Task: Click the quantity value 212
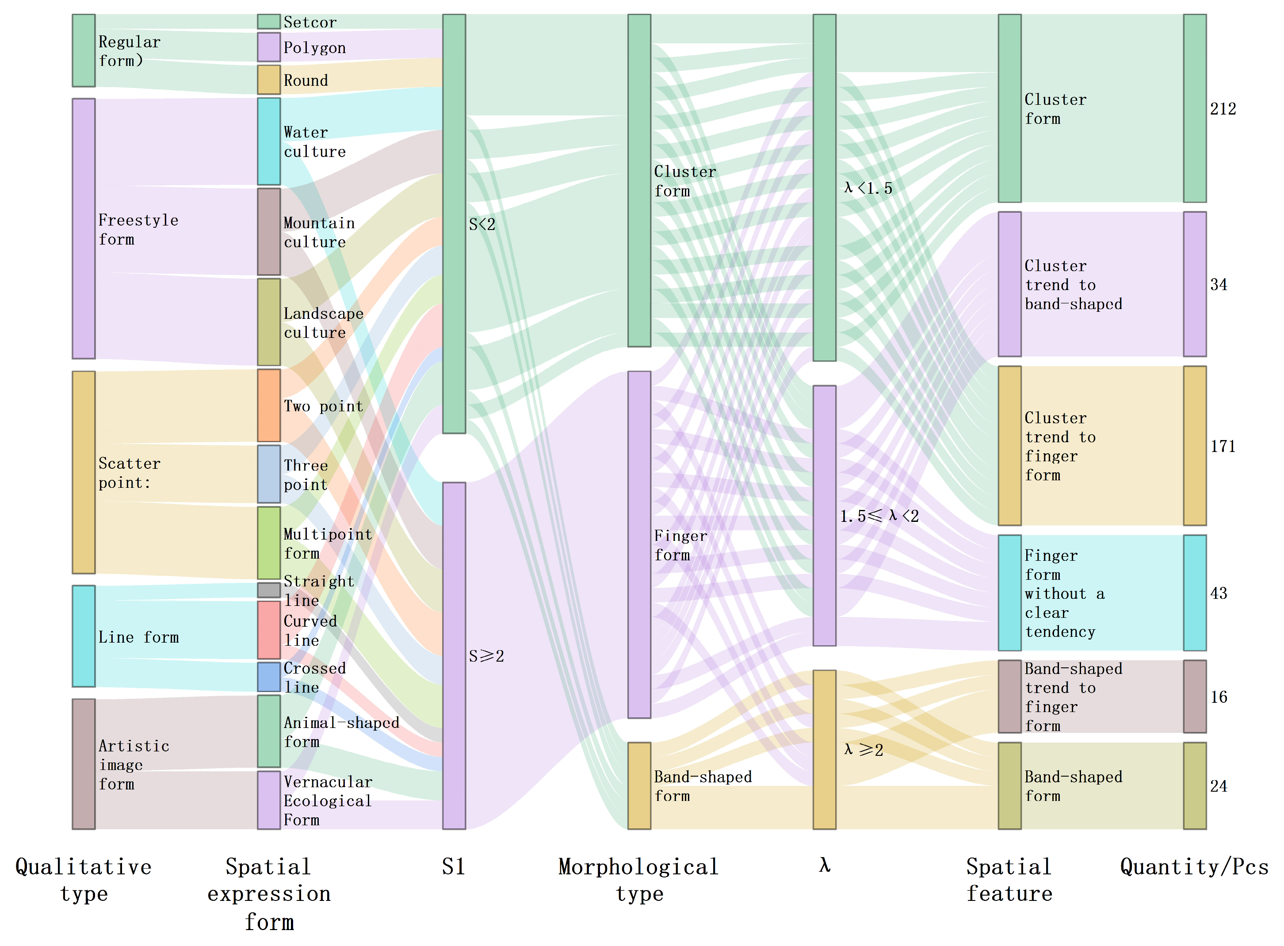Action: click(1222, 109)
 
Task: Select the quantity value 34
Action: click(1218, 285)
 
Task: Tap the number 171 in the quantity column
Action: click(1222, 446)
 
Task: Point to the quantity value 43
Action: click(1218, 593)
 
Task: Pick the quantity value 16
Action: click(1218, 697)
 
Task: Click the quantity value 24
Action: click(1218, 786)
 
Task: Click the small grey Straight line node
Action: click(268, 590)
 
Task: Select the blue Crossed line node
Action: click(268, 677)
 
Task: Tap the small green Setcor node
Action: click(268, 22)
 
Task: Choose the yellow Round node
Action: click(268, 80)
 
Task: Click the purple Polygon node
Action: click(268, 47)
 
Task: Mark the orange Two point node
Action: click(268, 406)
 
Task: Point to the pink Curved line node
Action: click(268, 630)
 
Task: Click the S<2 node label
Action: click(482, 225)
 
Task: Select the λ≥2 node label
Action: click(863, 750)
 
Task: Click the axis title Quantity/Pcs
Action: click(1194, 867)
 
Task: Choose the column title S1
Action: click(453, 867)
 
